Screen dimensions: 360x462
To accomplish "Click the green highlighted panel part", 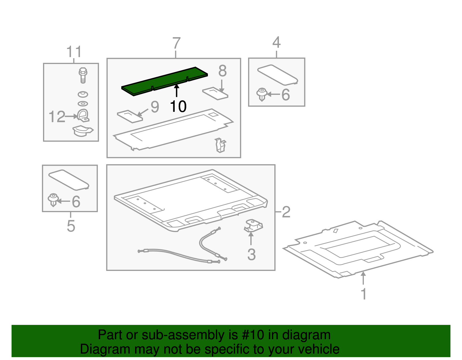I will click(165, 81).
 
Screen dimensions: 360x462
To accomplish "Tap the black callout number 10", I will click(178, 107).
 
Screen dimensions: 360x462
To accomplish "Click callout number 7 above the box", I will click(176, 44).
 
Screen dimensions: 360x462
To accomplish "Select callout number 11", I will click(74, 52).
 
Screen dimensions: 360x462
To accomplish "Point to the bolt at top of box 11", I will click(83, 75).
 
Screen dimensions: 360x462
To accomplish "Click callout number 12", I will click(57, 117).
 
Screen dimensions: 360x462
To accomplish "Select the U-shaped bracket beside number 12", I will click(83, 116).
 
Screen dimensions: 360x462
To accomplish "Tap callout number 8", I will click(222, 71).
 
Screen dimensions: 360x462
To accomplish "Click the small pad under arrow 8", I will click(215, 93).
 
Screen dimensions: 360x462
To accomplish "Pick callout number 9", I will click(155, 107).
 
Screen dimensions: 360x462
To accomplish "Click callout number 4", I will click(276, 43).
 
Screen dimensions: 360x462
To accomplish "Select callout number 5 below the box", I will click(71, 226).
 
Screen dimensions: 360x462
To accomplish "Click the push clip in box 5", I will click(53, 199).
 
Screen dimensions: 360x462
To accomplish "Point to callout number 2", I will click(286, 212).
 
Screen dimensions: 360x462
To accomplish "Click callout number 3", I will click(251, 255).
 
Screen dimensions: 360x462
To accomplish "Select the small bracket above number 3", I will click(253, 225).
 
